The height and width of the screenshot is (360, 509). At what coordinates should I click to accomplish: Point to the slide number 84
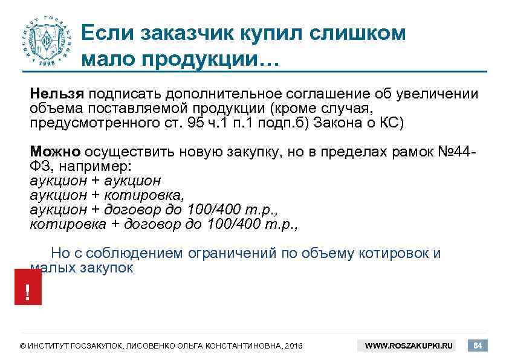[x=478, y=346]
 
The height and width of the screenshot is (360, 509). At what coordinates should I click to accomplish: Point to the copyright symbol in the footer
[x=23, y=346]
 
